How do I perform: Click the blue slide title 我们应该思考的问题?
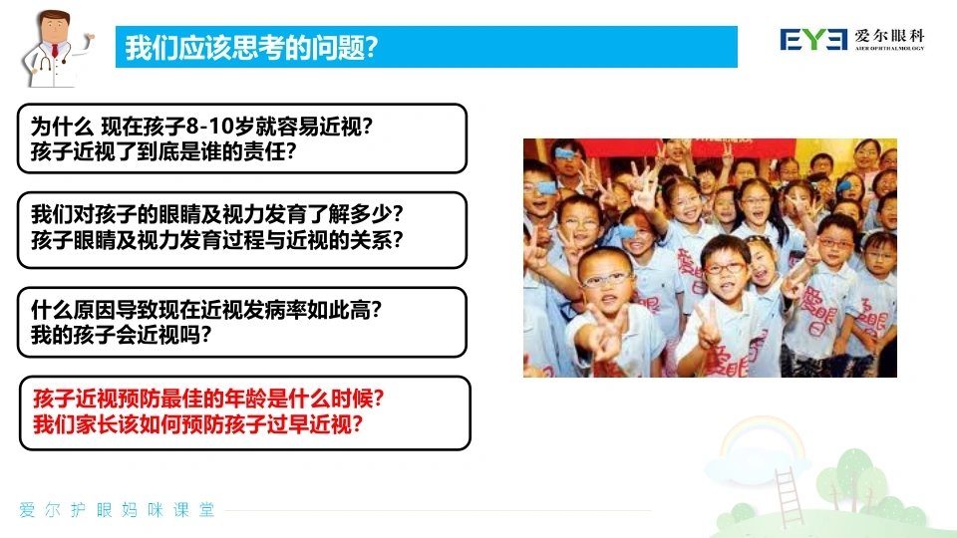[251, 47]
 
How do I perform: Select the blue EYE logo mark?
[813, 40]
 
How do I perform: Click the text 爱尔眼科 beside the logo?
[889, 36]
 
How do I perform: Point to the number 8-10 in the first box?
[208, 127]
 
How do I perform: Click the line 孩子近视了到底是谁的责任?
[163, 151]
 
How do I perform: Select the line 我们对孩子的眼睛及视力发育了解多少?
[217, 214]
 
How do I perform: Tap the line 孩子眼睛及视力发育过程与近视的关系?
[217, 240]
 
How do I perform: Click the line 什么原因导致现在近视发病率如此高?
[206, 310]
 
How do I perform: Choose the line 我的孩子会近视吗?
[121, 335]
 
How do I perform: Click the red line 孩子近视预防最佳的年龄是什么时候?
[208, 399]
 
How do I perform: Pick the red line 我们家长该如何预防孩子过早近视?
[197, 424]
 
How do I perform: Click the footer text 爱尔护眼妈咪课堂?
[117, 510]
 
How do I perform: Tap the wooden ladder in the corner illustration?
[789, 497]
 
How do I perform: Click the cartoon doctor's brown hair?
[56, 17]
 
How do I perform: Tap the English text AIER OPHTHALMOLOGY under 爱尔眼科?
[889, 48]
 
